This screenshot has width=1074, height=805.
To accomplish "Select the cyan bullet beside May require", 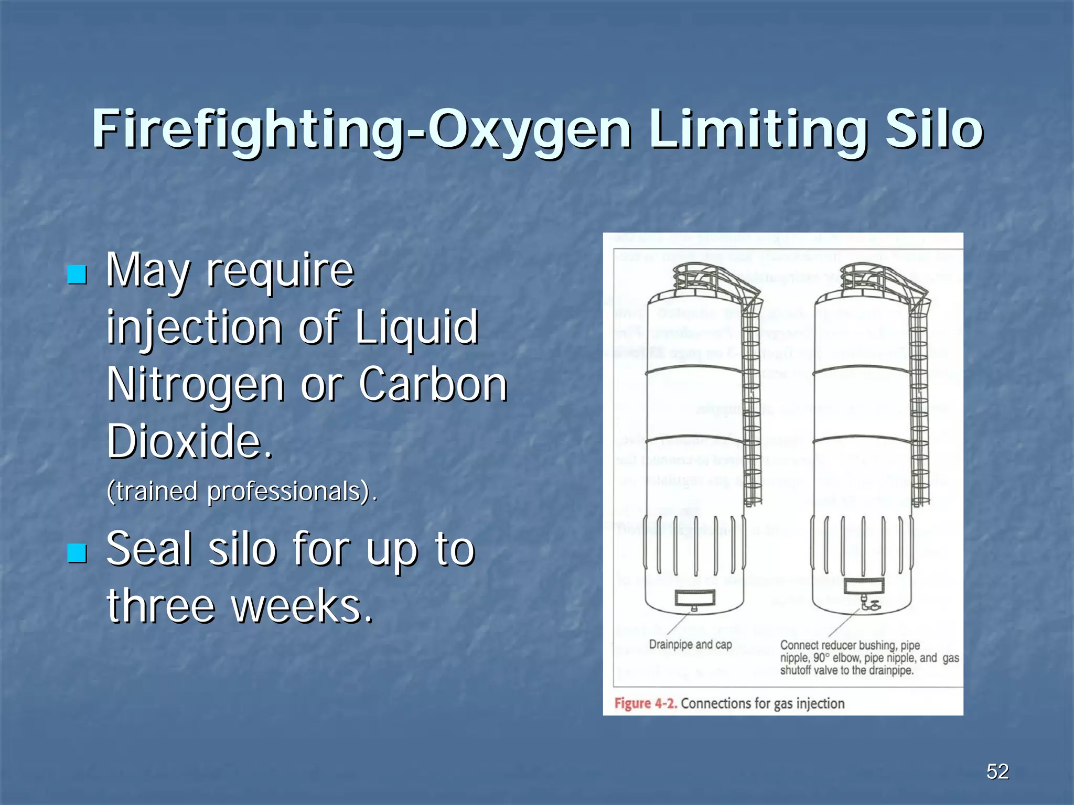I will [x=77, y=274].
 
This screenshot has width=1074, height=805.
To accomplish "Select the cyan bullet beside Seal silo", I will [x=77, y=552].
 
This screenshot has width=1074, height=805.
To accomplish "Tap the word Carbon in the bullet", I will [x=433, y=385].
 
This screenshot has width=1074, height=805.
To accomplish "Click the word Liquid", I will [x=417, y=328].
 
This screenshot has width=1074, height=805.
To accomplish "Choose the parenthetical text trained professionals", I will [x=241, y=492].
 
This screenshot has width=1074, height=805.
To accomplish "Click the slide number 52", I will [x=997, y=771].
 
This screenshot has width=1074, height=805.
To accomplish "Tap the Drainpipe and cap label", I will [x=690, y=645].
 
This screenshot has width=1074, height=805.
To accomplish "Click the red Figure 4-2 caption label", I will [x=646, y=703].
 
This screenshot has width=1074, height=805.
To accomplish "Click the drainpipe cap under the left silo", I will [x=694, y=608].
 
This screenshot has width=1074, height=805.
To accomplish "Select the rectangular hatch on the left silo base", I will [x=694, y=597].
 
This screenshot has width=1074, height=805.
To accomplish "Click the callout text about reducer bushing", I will [x=869, y=658].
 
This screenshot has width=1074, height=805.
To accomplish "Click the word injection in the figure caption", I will [x=820, y=703].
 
